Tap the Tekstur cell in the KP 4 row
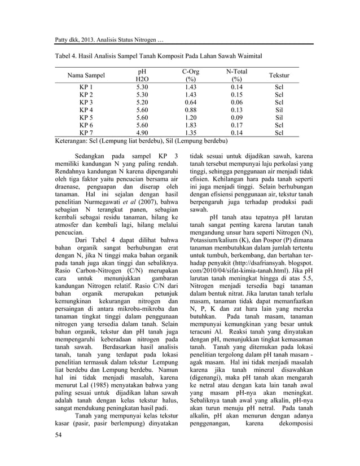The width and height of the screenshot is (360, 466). click(278, 110)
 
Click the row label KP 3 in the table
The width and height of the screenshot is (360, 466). click(86, 103)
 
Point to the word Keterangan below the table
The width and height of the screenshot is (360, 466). click(74, 140)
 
